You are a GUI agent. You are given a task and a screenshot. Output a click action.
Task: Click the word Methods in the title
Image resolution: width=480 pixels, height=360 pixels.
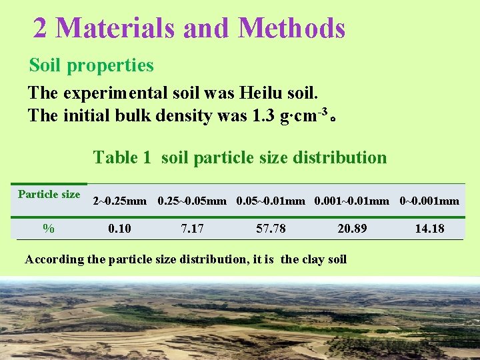[291, 28]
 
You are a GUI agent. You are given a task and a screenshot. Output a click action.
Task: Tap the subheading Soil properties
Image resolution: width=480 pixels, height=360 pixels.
[91, 65]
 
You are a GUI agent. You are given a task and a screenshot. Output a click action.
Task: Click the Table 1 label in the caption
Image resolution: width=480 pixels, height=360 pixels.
[122, 157]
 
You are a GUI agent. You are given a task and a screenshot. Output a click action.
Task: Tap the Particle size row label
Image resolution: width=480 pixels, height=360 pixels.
[49, 194]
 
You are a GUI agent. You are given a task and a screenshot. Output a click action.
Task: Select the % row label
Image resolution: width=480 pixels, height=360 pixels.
[49, 228]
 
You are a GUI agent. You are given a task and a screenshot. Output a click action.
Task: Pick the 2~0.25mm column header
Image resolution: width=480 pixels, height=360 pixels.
[120, 201]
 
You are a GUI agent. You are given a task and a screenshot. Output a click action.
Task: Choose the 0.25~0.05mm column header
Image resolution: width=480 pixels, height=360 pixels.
[192, 201]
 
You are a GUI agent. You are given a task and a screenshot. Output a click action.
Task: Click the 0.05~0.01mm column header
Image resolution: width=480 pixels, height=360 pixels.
[271, 201]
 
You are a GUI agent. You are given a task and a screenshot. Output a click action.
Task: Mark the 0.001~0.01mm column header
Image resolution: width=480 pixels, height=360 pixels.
[351, 201]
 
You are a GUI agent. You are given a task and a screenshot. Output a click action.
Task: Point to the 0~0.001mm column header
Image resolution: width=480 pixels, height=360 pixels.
[429, 201]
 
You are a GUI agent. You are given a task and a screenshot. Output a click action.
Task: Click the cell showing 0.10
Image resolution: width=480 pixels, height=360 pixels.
[120, 229]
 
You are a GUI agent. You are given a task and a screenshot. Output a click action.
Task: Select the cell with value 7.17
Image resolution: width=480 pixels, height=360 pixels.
[193, 229]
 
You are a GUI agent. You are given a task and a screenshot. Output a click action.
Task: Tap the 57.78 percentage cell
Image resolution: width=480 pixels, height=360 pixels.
[271, 229]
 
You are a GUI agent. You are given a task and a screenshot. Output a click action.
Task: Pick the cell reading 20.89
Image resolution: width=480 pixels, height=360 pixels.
[352, 229]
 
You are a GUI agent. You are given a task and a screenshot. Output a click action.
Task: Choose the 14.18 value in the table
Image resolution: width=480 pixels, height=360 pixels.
[429, 229]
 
